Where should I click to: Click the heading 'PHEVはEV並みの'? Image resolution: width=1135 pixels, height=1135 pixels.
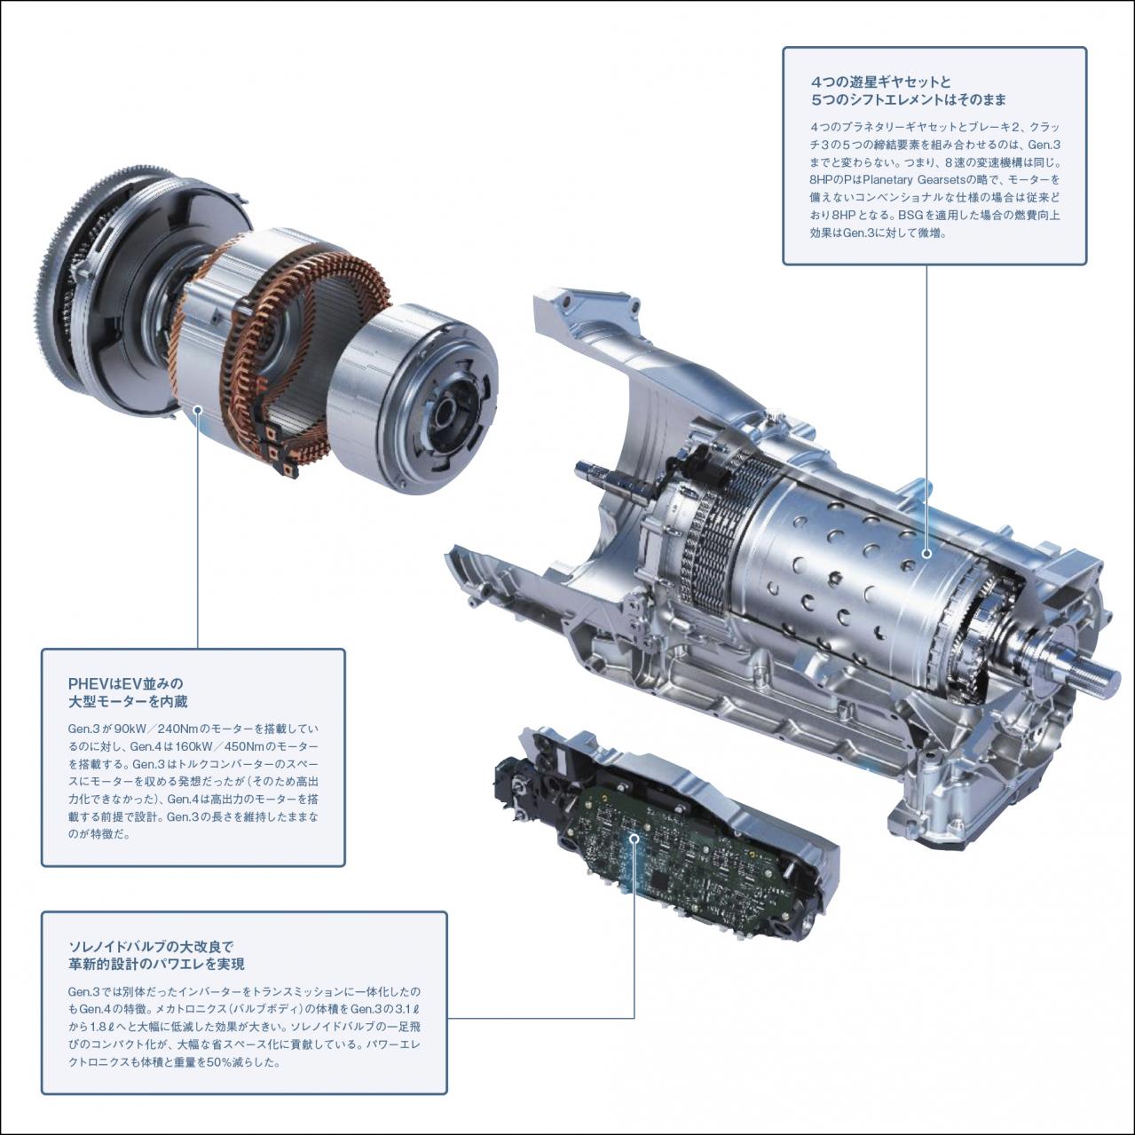pos(125,683)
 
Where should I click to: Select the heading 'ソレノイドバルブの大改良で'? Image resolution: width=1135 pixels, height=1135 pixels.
pos(150,946)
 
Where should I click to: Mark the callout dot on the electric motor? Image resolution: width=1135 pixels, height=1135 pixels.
pos(197,410)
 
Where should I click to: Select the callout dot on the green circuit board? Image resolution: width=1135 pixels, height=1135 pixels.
pos(634,837)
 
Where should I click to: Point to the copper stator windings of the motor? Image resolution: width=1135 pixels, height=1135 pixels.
pos(284,355)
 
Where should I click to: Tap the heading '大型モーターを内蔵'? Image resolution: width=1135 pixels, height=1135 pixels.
pos(128,702)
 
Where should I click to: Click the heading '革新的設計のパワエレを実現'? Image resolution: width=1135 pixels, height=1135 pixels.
pos(156,964)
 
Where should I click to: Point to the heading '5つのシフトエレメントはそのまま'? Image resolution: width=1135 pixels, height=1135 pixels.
pos(908,100)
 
